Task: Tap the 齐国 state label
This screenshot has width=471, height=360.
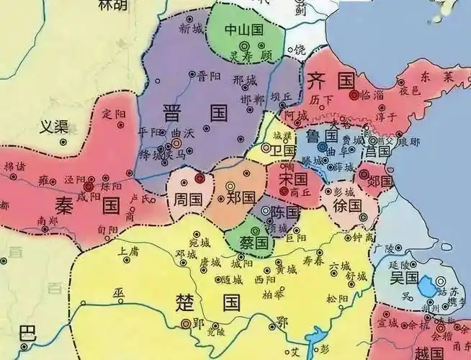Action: pos(327,78)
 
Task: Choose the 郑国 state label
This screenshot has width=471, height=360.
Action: pos(241,196)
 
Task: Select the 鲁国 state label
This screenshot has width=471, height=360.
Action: pos(322,136)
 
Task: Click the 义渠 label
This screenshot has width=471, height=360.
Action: pos(53,127)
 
